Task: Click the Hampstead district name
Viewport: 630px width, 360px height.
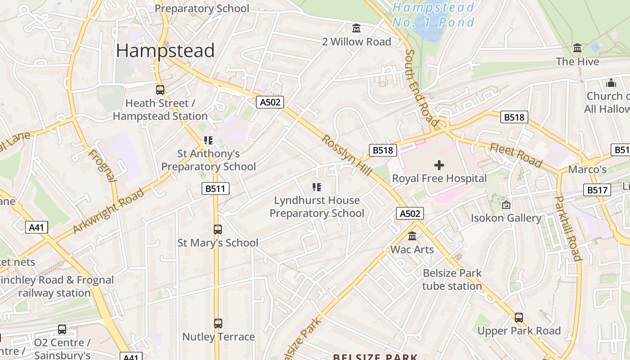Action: coord(165,51)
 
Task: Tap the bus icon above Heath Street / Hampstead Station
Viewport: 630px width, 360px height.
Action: coord(160,90)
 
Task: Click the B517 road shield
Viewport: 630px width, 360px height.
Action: coord(597,190)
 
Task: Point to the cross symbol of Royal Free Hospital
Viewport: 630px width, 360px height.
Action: coord(439,165)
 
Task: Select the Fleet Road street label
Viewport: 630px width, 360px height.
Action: coord(516,155)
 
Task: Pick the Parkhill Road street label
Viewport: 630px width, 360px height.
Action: coord(568,228)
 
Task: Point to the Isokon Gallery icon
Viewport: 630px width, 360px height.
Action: coord(506,205)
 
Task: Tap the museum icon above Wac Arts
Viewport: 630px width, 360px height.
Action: coord(412,236)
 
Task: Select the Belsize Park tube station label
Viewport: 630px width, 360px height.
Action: coord(452,279)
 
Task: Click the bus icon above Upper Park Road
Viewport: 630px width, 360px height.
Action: coord(519,318)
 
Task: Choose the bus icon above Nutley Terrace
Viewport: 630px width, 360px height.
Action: coord(218,324)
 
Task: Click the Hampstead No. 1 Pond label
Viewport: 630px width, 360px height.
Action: coord(433,15)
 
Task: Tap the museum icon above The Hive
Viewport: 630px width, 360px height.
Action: coord(577,48)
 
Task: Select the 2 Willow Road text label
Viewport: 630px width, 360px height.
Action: coord(356,42)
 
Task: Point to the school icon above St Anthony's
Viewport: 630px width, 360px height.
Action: coord(208,140)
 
